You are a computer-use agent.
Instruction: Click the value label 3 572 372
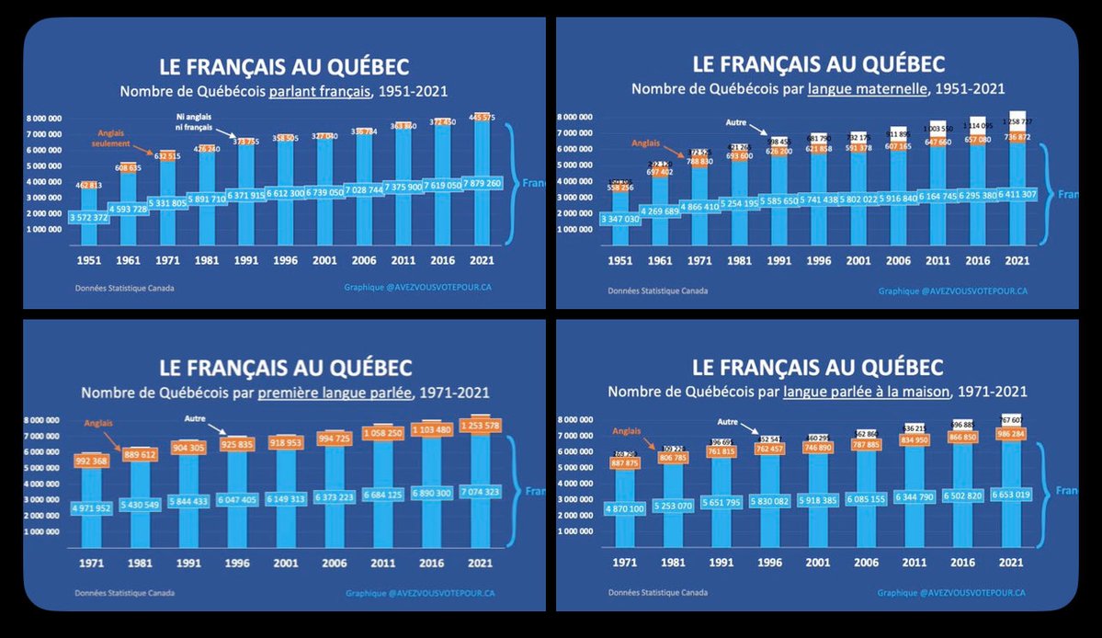89,217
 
